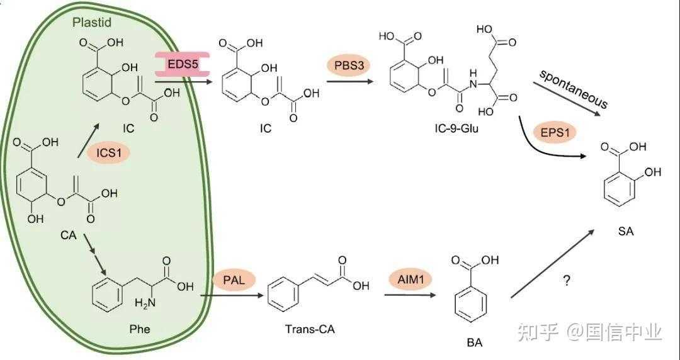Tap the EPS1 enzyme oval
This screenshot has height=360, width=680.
tap(555, 133)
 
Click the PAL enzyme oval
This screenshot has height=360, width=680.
tap(234, 279)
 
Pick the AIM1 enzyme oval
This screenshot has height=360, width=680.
tap(411, 279)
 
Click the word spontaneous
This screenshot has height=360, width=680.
tap(573, 88)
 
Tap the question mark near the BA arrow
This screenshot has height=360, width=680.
tap(567, 281)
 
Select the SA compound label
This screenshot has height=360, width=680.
tap(626, 231)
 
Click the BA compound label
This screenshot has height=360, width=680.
tap(475, 342)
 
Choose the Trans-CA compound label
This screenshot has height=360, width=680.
tap(310, 329)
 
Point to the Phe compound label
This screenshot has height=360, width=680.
tap(140, 329)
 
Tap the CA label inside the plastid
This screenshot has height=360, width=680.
tap(69, 235)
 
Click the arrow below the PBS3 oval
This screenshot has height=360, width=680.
tap(352, 81)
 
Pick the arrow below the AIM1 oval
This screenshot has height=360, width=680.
tap(411, 295)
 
